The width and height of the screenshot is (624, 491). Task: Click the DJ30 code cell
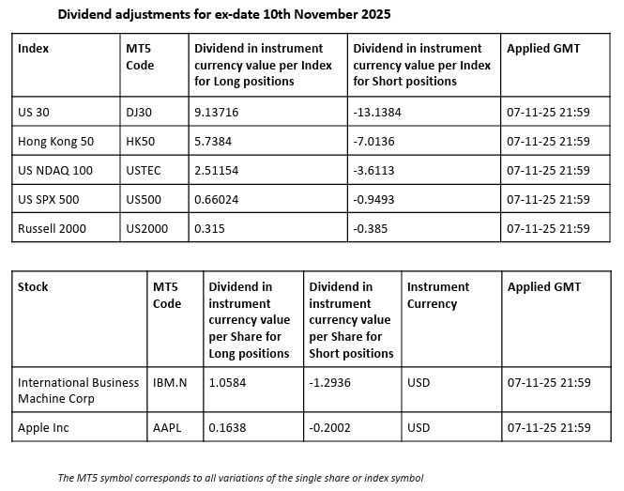point(139,113)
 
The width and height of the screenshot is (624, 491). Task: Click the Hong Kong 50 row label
point(55,142)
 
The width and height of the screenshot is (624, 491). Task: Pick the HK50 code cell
point(140,142)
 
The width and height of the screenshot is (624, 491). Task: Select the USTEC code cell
point(143,171)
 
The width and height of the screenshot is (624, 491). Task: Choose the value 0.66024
point(216,199)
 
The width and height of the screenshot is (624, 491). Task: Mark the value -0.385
point(372,228)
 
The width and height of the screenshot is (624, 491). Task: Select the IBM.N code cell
point(171,383)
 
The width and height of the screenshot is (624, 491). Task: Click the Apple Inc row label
point(44,428)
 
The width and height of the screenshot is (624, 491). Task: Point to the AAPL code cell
point(167,428)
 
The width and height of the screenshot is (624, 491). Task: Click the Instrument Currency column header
point(438,295)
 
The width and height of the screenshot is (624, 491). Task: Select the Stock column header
point(33,287)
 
